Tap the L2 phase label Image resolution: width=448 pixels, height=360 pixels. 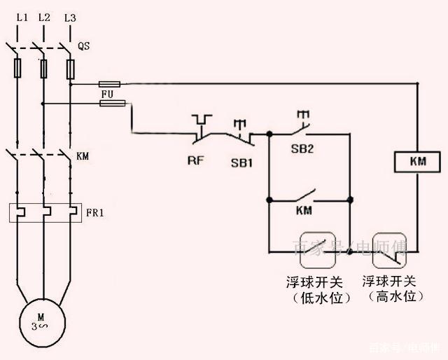[x=44, y=17]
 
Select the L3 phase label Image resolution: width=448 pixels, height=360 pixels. [x=69, y=17]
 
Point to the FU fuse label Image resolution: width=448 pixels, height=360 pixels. [x=106, y=92]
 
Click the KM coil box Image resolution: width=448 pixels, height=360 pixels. [x=417, y=162]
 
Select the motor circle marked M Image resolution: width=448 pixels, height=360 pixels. [x=41, y=321]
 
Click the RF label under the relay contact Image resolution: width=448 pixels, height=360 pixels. [x=195, y=161]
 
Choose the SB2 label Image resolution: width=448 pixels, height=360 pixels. [x=303, y=149]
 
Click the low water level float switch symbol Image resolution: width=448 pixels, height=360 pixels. [x=317, y=250]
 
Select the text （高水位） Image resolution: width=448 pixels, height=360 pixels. [x=391, y=297]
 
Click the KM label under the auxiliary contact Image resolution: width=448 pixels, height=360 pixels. [x=304, y=211]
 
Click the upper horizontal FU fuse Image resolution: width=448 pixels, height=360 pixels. [x=113, y=83]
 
